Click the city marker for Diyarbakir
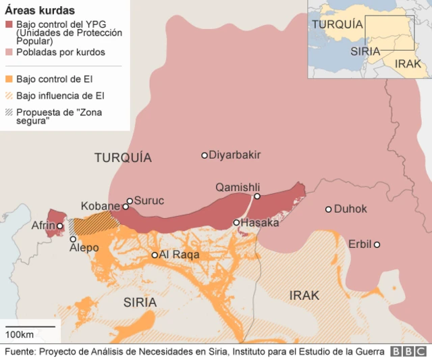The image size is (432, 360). [205, 155]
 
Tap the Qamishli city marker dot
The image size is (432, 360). [256, 197]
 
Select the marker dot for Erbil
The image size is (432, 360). [377, 245]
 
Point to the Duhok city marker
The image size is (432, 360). [329, 209]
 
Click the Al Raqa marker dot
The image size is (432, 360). [155, 255]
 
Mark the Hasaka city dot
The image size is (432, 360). [236, 223]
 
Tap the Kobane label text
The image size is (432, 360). [100, 206]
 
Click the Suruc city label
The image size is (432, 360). [149, 201]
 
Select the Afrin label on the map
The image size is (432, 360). [43, 226]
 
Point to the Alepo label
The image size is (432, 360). [84, 248]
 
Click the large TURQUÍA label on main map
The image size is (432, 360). [123, 158]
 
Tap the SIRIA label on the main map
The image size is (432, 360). [140, 302]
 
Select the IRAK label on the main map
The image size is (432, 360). [304, 295]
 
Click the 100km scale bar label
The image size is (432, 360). [20, 336]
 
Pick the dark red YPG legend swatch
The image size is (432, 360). [9, 25]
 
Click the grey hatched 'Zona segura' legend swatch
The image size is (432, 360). [9, 113]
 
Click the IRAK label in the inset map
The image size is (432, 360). [408, 64]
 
